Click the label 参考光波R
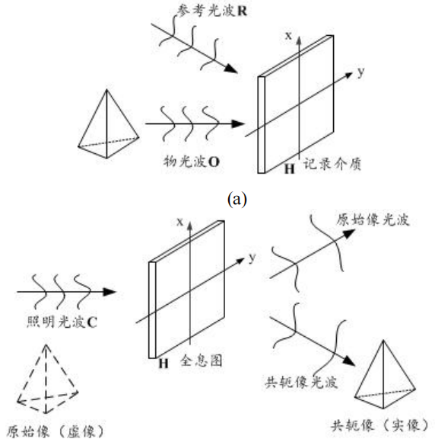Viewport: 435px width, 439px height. coord(211,11)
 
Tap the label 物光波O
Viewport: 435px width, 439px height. coord(192,162)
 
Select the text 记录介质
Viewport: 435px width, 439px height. coord(332,164)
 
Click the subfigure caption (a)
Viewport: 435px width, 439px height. coord(237,199)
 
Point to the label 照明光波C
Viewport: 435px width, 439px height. coord(62,322)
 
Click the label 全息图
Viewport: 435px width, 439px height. coord(202,360)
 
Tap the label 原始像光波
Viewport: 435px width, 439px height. coord(373,219)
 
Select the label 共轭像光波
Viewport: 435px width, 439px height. coord(301,382)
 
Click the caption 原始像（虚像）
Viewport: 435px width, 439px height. coord(56,431)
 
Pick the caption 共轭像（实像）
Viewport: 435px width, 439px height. coord(379,425)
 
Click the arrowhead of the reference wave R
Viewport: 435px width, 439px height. coord(232,69)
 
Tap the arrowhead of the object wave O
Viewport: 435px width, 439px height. coord(238,123)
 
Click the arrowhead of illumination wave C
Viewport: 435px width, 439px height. coord(110,292)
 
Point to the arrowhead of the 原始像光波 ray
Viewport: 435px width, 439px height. coord(349,233)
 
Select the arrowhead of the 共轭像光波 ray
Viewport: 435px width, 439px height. coord(349,361)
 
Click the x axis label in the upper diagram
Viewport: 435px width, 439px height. coord(288,36)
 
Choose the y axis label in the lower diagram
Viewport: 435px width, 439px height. coord(252,258)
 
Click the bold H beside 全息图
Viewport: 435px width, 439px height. coord(164,364)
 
